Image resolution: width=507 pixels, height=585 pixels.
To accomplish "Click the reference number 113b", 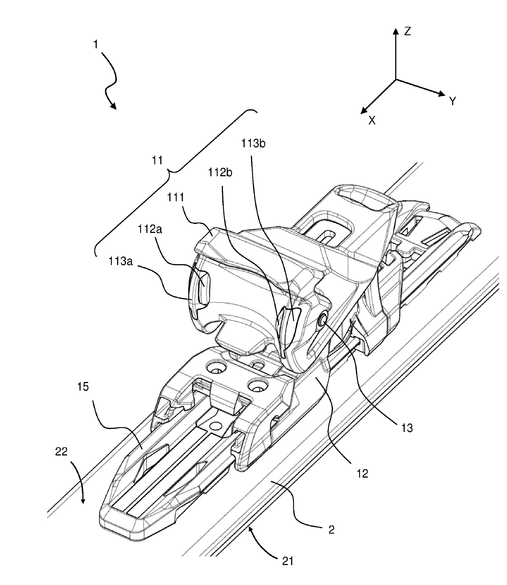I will click(253, 144).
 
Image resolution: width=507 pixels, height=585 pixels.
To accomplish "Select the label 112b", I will click(220, 172).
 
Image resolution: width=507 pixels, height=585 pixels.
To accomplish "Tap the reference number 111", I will click(176, 197).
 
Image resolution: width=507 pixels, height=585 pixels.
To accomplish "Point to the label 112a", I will click(150, 229).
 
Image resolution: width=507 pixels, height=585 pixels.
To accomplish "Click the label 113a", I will click(120, 261).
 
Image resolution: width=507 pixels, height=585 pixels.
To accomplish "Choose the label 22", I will click(61, 451).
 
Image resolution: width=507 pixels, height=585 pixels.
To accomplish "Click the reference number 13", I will click(407, 428).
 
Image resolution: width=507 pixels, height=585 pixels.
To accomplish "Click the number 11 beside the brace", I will click(157, 160).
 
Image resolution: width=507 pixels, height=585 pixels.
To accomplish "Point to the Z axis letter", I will click(407, 31).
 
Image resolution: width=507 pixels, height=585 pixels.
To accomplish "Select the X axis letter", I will click(372, 121).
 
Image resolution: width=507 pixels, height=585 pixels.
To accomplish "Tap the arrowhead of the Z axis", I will click(396, 31).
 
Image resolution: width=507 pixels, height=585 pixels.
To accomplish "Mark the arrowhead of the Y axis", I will click(442, 94).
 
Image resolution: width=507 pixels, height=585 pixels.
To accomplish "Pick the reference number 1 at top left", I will click(96, 45).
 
